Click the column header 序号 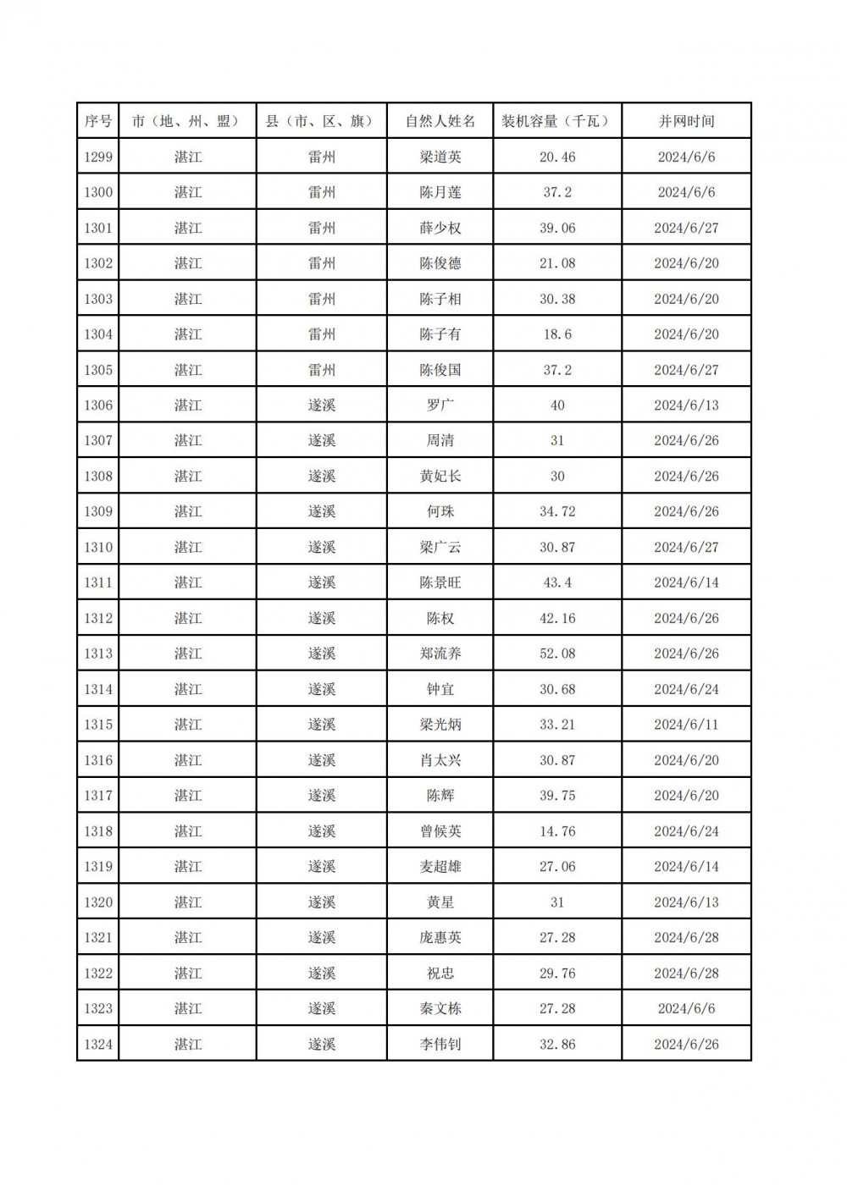pos(98,121)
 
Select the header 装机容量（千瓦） pos(556,121)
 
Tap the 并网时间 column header pos(686,121)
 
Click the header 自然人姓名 pos(440,121)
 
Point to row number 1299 pos(98,157)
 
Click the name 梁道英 pos(440,157)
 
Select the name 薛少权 pos(440,228)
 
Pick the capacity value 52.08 pos(556,654)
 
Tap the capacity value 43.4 pos(556,582)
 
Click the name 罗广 pos(440,405)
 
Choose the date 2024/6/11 pos(686,725)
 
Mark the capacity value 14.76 pos(556,831)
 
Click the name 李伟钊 pos(440,1044)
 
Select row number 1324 pos(98,1044)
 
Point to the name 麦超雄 pos(440,867)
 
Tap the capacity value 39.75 pos(556,796)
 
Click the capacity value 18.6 pos(556,334)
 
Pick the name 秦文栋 pos(440,1008)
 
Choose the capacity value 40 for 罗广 pos(556,405)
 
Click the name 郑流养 pos(440,654)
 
